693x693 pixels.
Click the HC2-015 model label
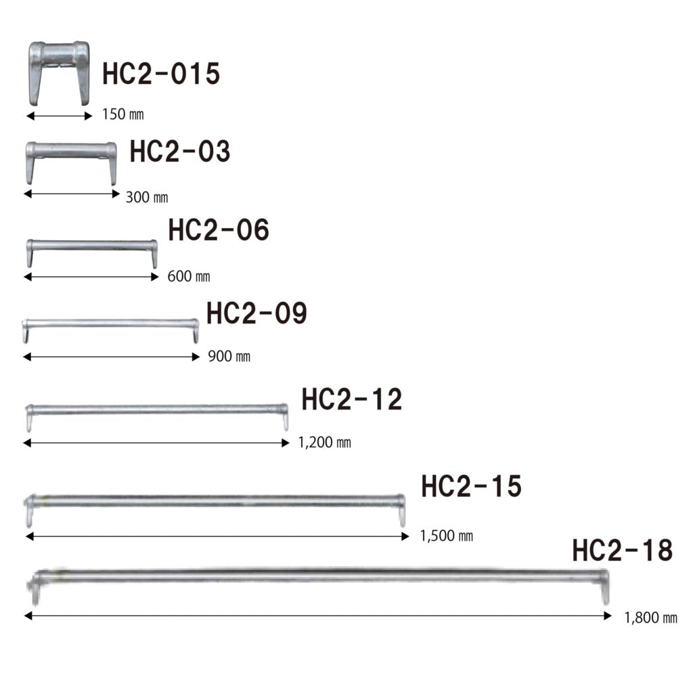[161, 73]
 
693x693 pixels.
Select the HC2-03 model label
[180, 151]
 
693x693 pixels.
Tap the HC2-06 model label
[219, 230]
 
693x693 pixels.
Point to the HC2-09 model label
[256, 313]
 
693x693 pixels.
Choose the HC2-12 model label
[352, 399]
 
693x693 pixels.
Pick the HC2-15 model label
[472, 486]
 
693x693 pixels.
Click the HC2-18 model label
[623, 550]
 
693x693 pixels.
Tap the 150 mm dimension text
[123, 114]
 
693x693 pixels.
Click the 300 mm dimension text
[147, 197]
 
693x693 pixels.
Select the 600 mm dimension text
[189, 276]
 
